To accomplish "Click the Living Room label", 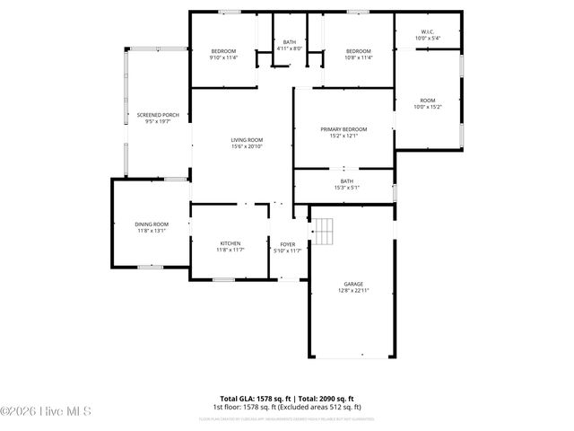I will pos(247,140).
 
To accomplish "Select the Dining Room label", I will pos(152,224).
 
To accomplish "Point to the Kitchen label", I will pos(230,243).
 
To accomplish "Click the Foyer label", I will pos(287,243).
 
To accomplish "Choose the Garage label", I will pos(353,284).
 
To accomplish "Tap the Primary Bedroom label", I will pos(344,129).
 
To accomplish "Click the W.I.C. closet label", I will pos(427,33).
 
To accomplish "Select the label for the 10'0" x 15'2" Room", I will pos(427,101).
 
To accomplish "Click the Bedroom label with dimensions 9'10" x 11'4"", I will pos(222,51).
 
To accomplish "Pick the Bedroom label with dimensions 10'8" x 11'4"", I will pos(359,51).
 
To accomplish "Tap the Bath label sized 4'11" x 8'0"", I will pos(289,42).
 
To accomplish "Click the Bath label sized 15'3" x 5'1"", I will pos(346,181).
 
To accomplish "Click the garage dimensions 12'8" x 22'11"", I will pos(353,291).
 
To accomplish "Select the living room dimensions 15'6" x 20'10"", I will pos(247,147).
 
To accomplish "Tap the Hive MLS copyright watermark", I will pos(46,412).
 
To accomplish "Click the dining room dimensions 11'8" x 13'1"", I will pos(152,231).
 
